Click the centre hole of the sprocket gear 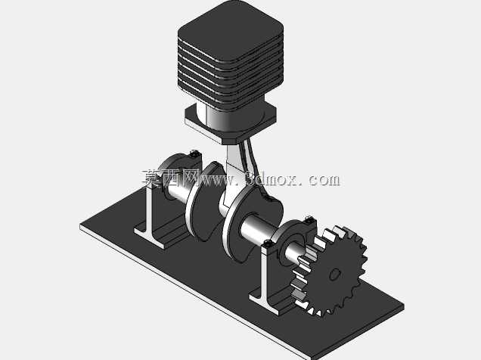coord(335,274)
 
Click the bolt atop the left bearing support coord(194,154)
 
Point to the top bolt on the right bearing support coord(309,220)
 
